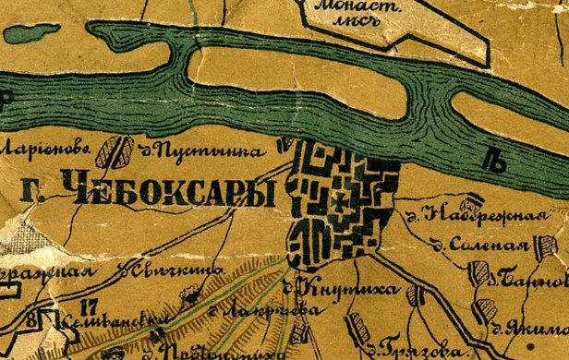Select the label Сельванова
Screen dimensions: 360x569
[101, 318]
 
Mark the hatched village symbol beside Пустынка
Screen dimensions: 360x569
[117, 150]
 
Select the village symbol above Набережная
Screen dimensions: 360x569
[475, 199]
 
